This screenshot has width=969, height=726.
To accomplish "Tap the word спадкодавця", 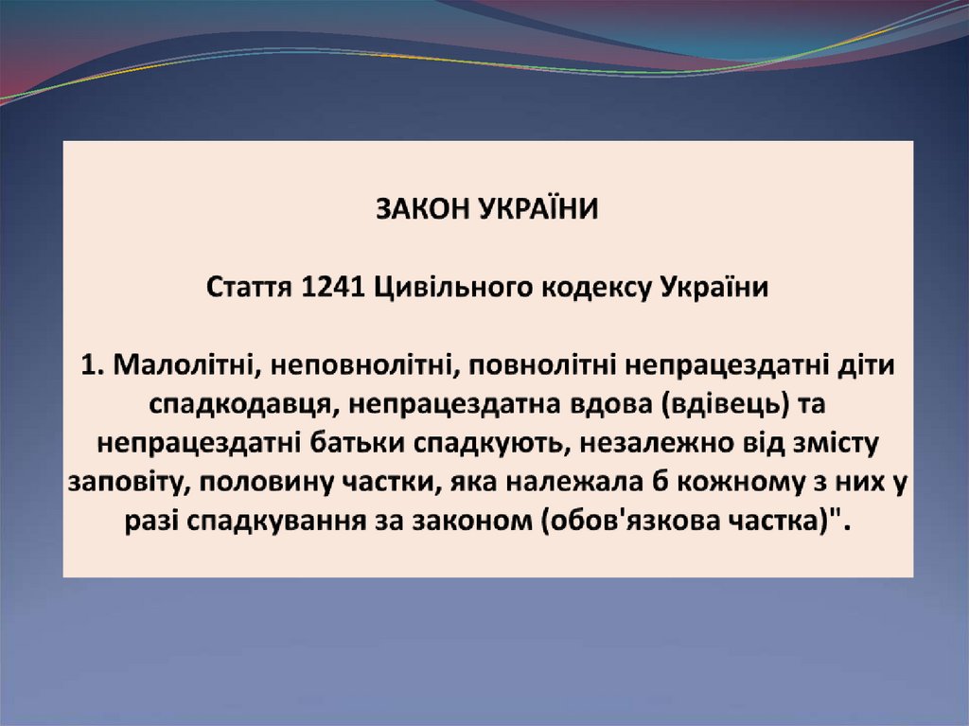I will [238, 404].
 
